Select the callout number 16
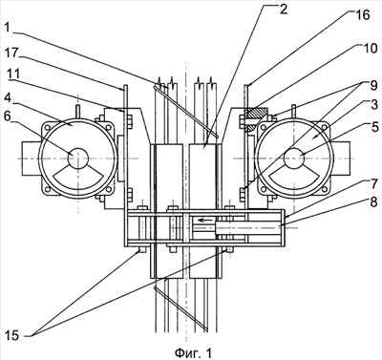pyautogui.click(x=362, y=15)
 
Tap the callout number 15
pyautogui.click(x=12, y=335)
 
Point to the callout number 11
pyautogui.click(x=12, y=74)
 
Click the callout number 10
pyautogui.click(x=370, y=48)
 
